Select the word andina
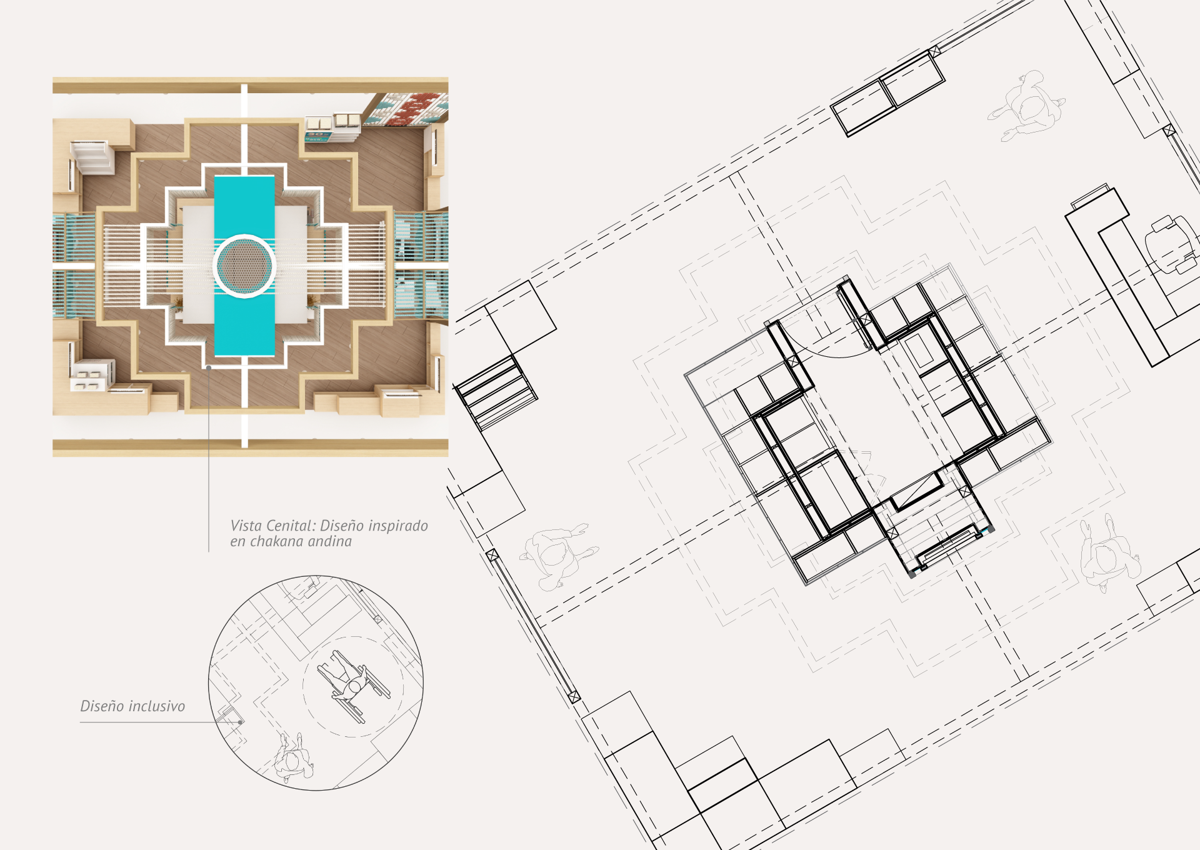[x=332, y=541]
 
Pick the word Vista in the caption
[x=249, y=526]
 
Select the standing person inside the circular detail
[x=292, y=757]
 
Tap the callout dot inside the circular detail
[x=241, y=722]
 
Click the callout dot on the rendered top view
[x=209, y=367]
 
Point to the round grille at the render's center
[x=244, y=265]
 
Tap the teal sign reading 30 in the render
[x=317, y=135]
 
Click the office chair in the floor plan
[x=1171, y=244]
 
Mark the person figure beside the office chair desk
[x=1027, y=106]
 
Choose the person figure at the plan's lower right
[x=1109, y=552]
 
